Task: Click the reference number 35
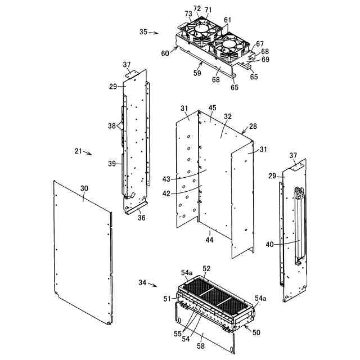click(143, 32)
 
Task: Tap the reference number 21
click(78, 151)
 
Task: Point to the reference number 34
click(143, 283)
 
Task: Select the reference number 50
click(256, 332)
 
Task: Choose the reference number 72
click(197, 8)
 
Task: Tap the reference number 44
click(210, 240)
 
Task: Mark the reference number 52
click(206, 268)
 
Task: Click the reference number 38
click(112, 125)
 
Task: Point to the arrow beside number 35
click(154, 33)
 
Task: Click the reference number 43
click(165, 179)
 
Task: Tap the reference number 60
click(165, 53)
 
